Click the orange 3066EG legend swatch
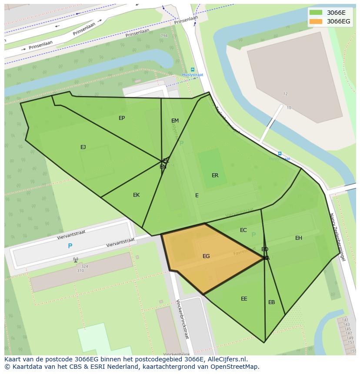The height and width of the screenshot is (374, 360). coord(316,21)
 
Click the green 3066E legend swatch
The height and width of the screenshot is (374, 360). coord(316,12)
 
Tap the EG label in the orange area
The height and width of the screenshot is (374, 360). coord(206,256)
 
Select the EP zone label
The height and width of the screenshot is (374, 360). coord(122,118)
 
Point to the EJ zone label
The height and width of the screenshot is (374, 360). coord(83,147)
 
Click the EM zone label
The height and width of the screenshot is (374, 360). coord(175,121)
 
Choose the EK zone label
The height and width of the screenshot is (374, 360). coord(136,195)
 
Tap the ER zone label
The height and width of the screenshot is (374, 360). coord(215,175)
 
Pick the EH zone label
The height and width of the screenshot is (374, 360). coord(299,238)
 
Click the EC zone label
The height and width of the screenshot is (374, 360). coord(243,230)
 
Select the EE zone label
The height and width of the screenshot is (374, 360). coord(244,299)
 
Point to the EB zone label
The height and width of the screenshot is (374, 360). coord(271,302)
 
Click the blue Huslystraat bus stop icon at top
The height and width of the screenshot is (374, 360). coord(193,70)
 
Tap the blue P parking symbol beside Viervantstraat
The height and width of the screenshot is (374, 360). coord(70,246)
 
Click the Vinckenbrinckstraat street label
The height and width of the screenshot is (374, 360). coord(183,319)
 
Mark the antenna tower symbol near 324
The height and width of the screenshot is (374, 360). coord(76,260)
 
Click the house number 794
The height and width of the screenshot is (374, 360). coord(163,36)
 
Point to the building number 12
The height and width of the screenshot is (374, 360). coord(286,94)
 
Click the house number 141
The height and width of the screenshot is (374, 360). coord(345,320)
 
